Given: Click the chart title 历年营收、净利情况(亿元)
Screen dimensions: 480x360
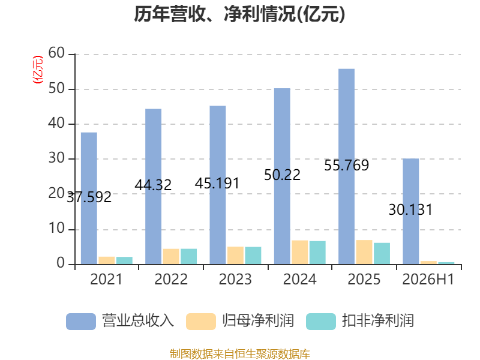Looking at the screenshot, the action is pyautogui.click(x=239, y=14).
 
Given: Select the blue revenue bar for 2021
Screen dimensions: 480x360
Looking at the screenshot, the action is pyautogui.click(x=89, y=199).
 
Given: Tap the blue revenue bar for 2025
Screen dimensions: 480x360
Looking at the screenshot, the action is pyautogui.click(x=347, y=167).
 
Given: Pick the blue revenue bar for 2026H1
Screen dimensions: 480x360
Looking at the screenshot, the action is pyautogui.click(x=411, y=212).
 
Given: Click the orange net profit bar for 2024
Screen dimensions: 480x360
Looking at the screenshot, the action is pyautogui.click(x=299, y=253).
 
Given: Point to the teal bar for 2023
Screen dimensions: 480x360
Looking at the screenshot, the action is pyautogui.click(x=253, y=256).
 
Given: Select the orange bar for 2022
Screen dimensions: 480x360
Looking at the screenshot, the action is pyautogui.click(x=171, y=257).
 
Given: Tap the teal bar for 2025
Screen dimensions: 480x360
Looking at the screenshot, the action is pyautogui.click(x=382, y=254).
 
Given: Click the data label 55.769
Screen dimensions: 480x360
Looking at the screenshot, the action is pyautogui.click(x=347, y=166).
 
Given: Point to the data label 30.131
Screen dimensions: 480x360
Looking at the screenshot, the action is pyautogui.click(x=410, y=210).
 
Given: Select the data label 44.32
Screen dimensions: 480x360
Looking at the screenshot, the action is pyautogui.click(x=153, y=185).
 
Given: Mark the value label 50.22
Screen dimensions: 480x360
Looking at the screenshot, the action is pyautogui.click(x=282, y=175).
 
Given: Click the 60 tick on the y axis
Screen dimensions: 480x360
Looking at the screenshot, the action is pyautogui.click(x=56, y=53).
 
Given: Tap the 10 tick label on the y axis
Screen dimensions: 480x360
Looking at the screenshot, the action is pyautogui.click(x=56, y=229).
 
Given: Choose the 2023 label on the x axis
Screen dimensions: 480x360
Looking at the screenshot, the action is pyautogui.click(x=235, y=279).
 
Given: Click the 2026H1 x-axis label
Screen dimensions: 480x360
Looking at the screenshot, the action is pyautogui.click(x=428, y=279).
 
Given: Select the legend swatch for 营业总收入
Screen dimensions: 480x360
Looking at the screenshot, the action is pyautogui.click(x=81, y=322).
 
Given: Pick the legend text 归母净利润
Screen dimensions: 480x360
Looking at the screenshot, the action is pyautogui.click(x=258, y=321).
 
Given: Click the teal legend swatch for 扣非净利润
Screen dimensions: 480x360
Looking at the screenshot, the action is pyautogui.click(x=321, y=322).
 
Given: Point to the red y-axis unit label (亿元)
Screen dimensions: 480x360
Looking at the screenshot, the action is pyautogui.click(x=38, y=70).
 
